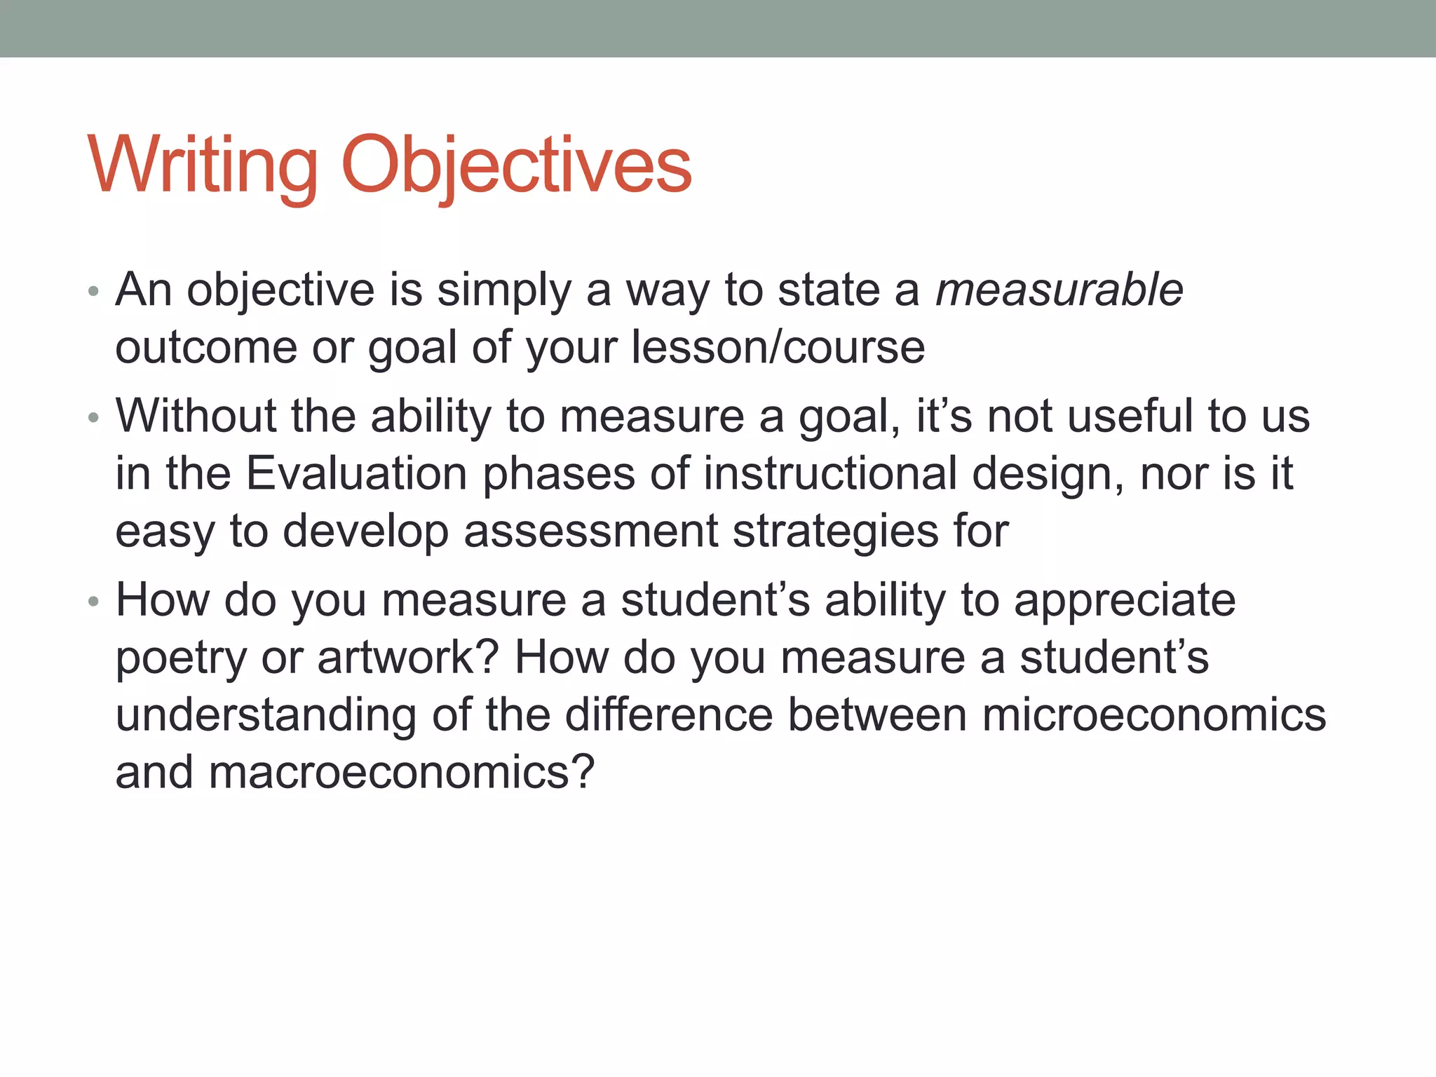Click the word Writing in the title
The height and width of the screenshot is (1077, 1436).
pos(203,166)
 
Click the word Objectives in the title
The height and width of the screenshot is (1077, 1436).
pos(517,166)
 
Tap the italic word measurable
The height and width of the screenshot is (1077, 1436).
pos(1059,290)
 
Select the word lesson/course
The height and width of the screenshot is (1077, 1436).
pos(778,348)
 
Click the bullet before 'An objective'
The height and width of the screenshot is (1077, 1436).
pos(93,291)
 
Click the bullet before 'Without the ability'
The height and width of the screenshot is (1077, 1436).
pos(93,419)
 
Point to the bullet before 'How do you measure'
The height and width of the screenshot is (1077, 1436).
pos(93,602)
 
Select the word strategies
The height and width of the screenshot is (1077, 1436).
pos(835,531)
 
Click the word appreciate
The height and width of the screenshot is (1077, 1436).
pos(1125,602)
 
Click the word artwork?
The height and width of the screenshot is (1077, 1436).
pos(407,659)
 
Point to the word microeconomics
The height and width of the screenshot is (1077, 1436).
pos(1153,716)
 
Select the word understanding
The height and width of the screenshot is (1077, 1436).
pos(266,716)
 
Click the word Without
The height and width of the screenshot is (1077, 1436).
pos(196,416)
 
